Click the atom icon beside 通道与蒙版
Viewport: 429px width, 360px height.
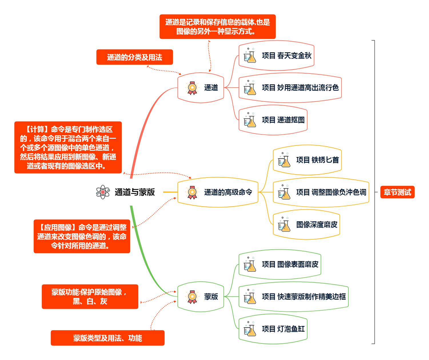[103, 192]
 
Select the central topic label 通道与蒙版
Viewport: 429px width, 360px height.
[135, 192]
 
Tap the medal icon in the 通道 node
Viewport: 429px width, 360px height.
[192, 88]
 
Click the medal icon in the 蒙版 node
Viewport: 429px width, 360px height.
[192, 297]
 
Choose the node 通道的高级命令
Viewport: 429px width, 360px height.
[228, 192]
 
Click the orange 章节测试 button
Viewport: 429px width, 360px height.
[397, 192]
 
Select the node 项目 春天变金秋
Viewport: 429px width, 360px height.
[286, 56]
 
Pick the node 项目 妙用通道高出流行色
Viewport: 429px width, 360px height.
[300, 88]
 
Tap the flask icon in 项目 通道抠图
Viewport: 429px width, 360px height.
[250, 120]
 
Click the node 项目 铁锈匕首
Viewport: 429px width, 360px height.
[317, 160]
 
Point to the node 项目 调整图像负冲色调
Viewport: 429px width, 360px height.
[331, 192]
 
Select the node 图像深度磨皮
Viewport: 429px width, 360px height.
[317, 224]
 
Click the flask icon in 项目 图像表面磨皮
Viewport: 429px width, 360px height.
[250, 264]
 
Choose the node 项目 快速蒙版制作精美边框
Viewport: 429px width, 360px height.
[304, 297]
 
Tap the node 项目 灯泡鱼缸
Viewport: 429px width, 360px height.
[283, 329]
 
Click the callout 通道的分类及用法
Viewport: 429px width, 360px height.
[135, 57]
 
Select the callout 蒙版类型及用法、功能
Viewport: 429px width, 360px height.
[107, 338]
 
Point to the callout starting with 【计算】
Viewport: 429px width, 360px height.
[68, 148]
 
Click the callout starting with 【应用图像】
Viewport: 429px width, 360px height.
[82, 236]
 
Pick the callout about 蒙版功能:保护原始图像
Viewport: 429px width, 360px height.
[90, 297]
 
